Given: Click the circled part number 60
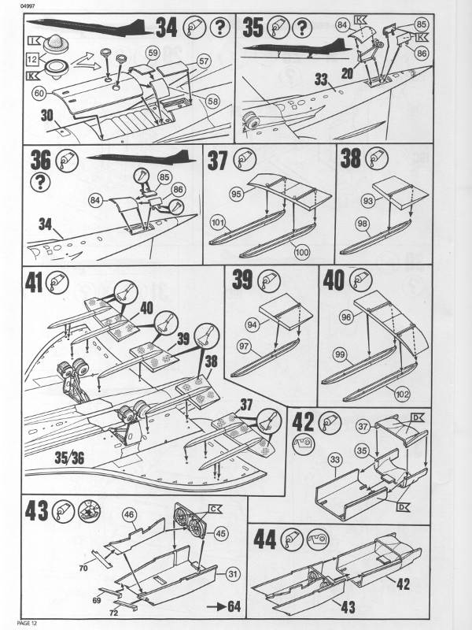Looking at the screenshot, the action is [x=39, y=94].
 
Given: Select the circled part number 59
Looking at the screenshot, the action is [x=153, y=53].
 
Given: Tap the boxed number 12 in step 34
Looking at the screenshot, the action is [x=32, y=60].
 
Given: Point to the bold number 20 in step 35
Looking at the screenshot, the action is [x=348, y=73].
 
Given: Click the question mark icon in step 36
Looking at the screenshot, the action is [x=40, y=182].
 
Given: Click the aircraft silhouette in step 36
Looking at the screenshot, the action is [x=142, y=157].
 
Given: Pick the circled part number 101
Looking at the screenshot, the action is [x=218, y=222].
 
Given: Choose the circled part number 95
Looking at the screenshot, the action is [x=237, y=195].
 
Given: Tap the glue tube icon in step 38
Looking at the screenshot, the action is [x=376, y=158].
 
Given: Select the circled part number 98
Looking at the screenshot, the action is [x=363, y=224].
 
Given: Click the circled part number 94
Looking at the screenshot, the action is [x=252, y=324].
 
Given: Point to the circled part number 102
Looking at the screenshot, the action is [x=402, y=395].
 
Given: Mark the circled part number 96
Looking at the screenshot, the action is [x=345, y=317].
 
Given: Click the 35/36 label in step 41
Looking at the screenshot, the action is [x=69, y=458].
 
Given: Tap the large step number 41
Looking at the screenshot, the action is [x=34, y=283].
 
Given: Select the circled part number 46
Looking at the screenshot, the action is [x=129, y=514].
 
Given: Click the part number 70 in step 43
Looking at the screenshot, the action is [x=83, y=568].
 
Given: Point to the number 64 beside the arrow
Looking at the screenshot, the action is [x=234, y=606].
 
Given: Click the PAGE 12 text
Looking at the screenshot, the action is [x=27, y=623].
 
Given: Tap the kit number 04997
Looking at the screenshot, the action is [x=27, y=6].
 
